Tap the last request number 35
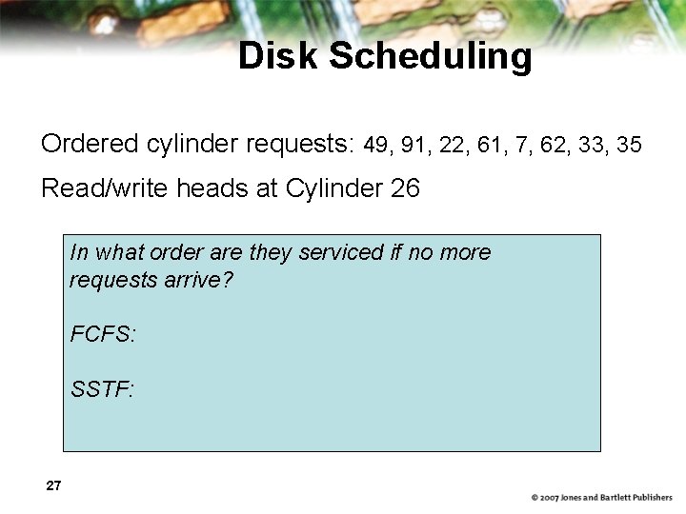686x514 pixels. [x=629, y=145]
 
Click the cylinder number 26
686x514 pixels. [x=405, y=188]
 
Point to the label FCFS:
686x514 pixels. [x=103, y=334]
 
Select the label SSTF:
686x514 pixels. [x=102, y=388]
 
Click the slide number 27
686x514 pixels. [x=53, y=486]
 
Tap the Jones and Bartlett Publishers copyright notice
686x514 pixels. [x=601, y=498]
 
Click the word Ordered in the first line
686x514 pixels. [x=91, y=144]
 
